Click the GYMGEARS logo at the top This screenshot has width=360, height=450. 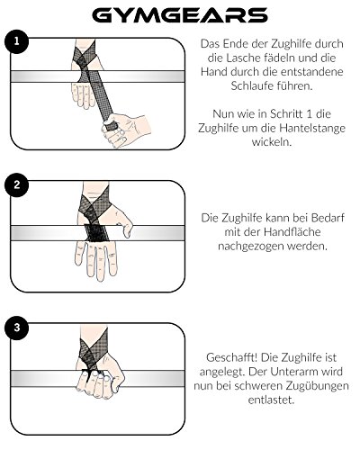point(180,15)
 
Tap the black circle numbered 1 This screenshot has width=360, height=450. point(16,41)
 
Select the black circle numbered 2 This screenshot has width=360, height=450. point(16,184)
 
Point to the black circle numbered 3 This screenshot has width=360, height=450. point(16,328)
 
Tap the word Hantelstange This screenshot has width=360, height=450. point(312,128)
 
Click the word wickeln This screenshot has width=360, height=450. point(272,142)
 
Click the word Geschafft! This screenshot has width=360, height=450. point(232,357)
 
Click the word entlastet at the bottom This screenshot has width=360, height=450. point(271,400)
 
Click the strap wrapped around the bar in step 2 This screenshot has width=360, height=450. point(96,232)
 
